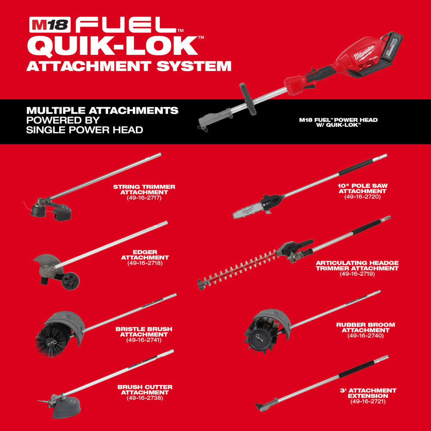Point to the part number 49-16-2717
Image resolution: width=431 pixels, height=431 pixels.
[x=144, y=199]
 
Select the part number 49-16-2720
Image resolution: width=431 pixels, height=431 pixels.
[x=362, y=197]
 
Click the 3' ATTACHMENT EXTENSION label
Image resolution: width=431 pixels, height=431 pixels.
[x=368, y=393]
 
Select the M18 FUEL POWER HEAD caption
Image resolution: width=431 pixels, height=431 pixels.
[x=338, y=122]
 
